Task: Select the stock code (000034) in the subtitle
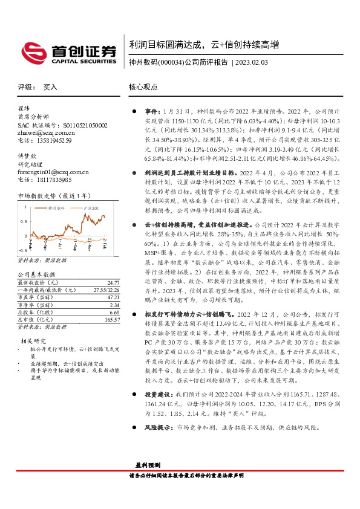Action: point(171,63)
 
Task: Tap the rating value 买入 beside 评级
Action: point(50,87)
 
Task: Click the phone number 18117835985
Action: point(51,180)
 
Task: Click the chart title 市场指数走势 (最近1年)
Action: point(54,195)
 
